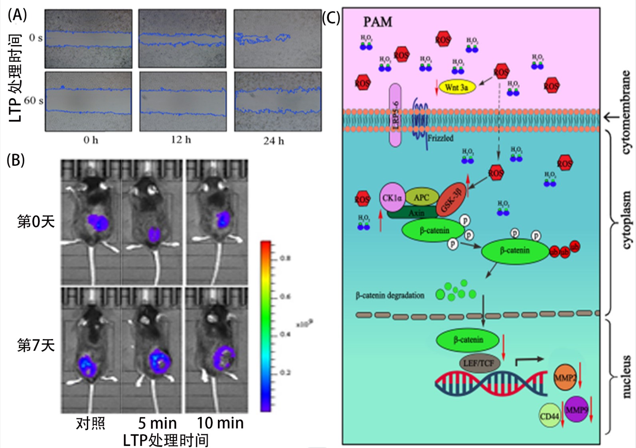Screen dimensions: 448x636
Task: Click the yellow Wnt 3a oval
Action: point(457,87)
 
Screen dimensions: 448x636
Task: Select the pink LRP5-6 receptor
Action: point(395,115)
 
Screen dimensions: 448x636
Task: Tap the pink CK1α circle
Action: point(392,197)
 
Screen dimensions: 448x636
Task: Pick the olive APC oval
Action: point(421,197)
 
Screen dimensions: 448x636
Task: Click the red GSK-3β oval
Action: point(451,199)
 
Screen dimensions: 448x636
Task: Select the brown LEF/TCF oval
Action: point(478,363)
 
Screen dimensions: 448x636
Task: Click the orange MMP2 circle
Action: point(565,377)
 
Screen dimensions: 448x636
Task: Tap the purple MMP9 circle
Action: point(576,409)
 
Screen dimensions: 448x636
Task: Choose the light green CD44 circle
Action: point(550,416)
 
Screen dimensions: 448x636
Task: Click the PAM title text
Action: point(377,22)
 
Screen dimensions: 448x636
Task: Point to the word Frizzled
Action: point(440,138)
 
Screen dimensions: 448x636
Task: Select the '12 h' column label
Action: point(181,140)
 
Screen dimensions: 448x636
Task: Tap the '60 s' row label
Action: point(34,100)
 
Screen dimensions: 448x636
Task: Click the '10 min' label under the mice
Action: point(220,423)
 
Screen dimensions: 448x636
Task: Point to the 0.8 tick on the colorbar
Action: point(285,258)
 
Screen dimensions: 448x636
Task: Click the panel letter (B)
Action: point(16,160)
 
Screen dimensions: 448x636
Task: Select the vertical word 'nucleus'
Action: point(626,376)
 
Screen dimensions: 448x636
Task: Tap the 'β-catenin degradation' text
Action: point(390,295)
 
